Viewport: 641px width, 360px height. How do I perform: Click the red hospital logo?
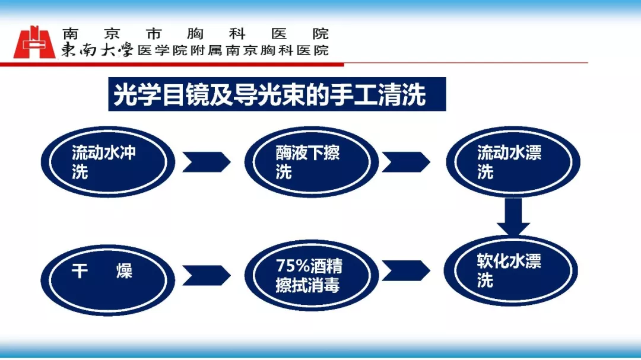click(34, 43)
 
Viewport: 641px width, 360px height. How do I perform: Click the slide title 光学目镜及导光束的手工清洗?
click(270, 95)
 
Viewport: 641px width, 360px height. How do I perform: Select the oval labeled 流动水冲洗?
click(108, 162)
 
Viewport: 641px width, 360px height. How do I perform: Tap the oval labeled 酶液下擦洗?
click(312, 162)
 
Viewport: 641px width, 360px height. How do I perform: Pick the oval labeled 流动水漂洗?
click(513, 162)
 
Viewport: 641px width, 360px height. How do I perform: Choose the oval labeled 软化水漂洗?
click(510, 270)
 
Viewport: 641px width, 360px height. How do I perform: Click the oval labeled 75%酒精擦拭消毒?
click(312, 275)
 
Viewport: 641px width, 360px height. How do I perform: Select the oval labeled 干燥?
click(108, 281)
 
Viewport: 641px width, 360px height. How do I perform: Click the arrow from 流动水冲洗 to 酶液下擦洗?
click(207, 163)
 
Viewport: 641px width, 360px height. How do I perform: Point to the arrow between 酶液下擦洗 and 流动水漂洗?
click(406, 163)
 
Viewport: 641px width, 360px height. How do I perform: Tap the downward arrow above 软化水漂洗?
click(513, 217)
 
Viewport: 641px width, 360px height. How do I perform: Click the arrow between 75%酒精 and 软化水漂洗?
click(406, 270)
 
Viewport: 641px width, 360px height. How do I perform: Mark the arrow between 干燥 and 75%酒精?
click(207, 275)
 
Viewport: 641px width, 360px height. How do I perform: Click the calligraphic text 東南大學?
click(97, 50)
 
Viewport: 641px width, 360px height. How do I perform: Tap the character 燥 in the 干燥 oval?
click(124, 271)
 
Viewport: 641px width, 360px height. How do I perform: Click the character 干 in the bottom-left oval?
click(80, 271)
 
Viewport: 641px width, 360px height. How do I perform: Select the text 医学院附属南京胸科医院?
click(233, 50)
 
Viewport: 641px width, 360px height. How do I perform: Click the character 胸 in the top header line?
click(195, 33)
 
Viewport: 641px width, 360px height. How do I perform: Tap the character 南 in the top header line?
click(70, 33)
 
